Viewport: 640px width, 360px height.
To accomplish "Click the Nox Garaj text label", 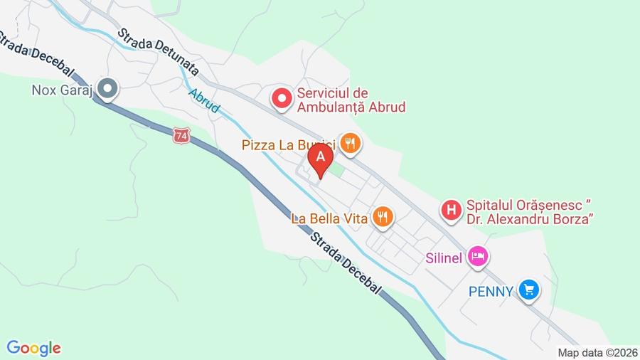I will (x=63, y=90).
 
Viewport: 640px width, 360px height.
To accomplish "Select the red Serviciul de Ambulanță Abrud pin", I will (x=282, y=98).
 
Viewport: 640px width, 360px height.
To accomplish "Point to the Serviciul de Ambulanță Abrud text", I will (x=351, y=100).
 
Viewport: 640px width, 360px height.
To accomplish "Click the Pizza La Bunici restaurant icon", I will (x=350, y=144).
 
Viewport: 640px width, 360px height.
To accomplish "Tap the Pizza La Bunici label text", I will (x=288, y=145).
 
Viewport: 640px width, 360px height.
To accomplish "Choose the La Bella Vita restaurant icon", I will (x=383, y=218).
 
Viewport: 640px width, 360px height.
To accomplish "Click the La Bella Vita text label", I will (x=329, y=218).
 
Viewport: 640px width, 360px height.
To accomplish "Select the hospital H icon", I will (x=450, y=211).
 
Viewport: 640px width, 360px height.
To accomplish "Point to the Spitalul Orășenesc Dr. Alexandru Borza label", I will (x=530, y=211).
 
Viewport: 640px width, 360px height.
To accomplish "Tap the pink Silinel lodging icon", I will (x=478, y=256).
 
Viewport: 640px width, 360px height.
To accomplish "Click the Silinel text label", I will (x=444, y=257).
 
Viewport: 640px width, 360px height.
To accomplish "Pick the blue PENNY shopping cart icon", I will (x=528, y=290).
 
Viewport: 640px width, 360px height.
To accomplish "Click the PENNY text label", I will (x=491, y=291).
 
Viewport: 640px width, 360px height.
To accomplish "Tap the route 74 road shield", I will (x=181, y=134).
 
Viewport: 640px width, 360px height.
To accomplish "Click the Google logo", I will (x=33, y=348).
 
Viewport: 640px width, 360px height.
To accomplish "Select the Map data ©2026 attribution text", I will (x=597, y=352).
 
